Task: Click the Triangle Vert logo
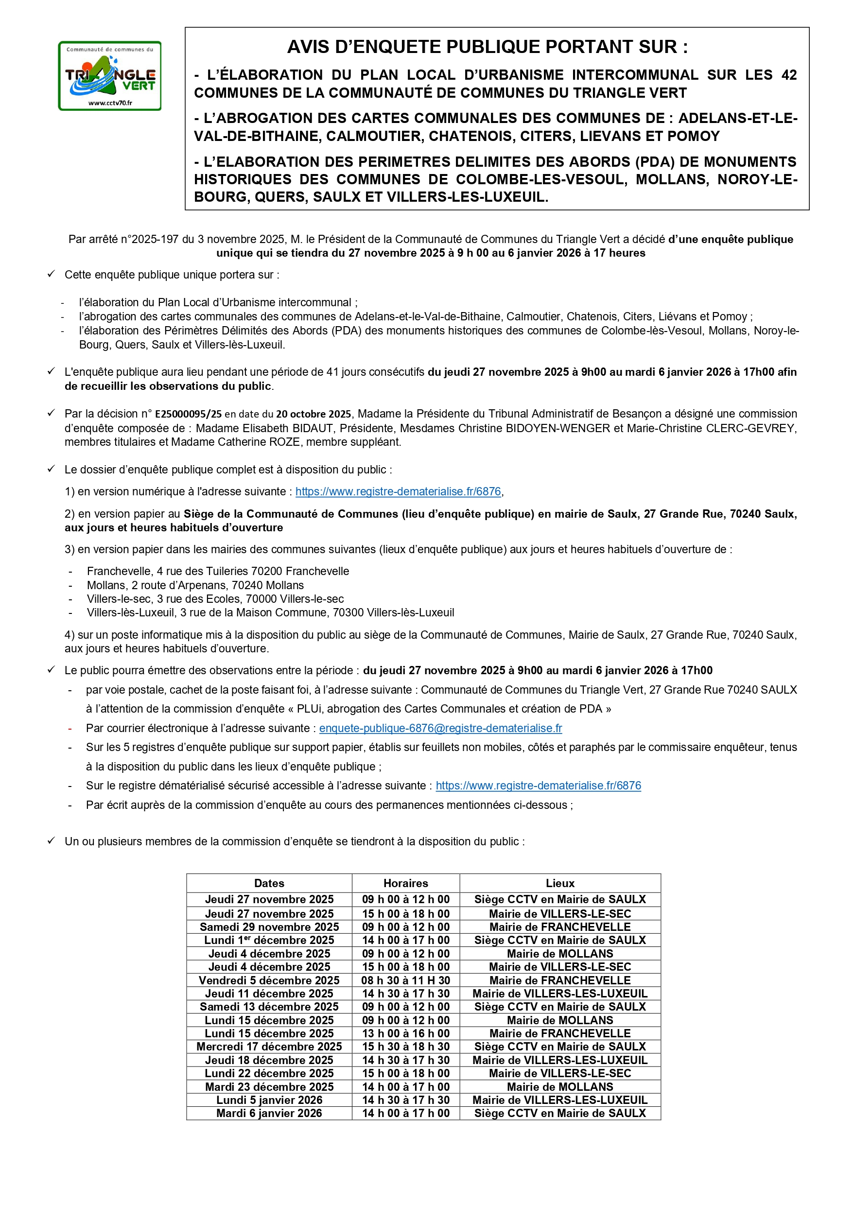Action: (x=109, y=76)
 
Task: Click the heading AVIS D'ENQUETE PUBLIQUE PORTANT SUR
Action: (x=487, y=47)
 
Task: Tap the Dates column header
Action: (x=269, y=883)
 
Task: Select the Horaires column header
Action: (x=405, y=883)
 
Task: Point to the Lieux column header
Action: (x=560, y=883)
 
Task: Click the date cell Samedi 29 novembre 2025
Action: (x=269, y=927)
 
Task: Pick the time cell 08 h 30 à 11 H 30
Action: (x=405, y=980)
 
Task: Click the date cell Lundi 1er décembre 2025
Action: (x=269, y=940)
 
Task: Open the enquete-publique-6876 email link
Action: (x=440, y=728)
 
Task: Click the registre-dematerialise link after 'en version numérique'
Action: (x=398, y=491)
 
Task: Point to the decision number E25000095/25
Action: (x=188, y=415)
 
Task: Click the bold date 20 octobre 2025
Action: (x=313, y=415)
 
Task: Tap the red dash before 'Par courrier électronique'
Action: (x=70, y=729)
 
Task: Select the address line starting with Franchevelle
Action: (x=217, y=571)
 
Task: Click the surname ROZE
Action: (x=286, y=442)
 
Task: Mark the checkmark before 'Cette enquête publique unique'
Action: (x=51, y=274)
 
